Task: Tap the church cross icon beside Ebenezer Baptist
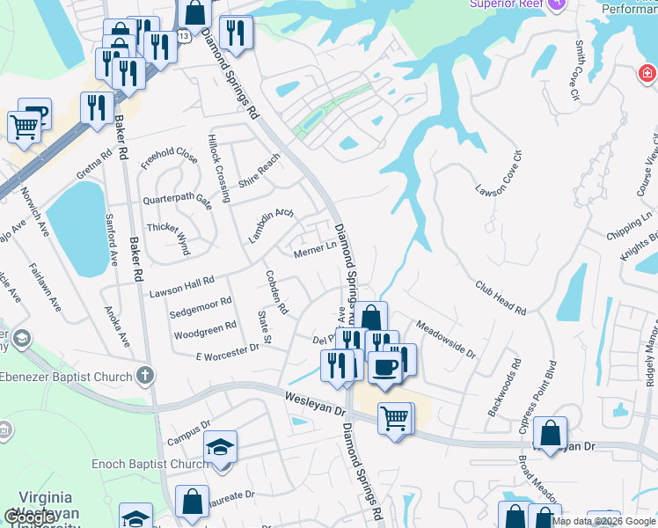click(x=146, y=376)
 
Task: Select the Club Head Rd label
click(x=501, y=298)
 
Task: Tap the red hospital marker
click(x=647, y=73)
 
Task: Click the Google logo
click(x=29, y=518)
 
